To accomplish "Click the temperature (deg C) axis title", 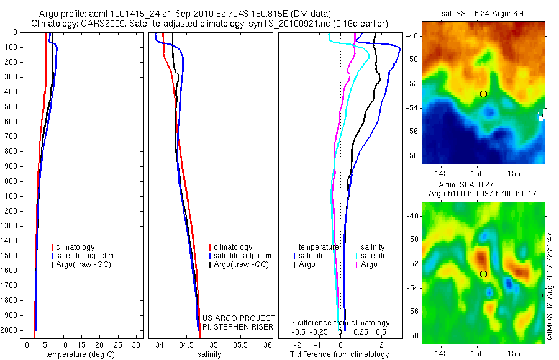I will (x=78, y=355).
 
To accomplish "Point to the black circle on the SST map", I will (x=483, y=94).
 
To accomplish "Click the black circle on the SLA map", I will (x=483, y=274).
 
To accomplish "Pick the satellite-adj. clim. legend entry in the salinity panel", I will (x=243, y=256).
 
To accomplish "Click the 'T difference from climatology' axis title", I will (x=340, y=355).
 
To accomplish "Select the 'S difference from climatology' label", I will (x=340, y=323).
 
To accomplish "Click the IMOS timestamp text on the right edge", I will (x=550, y=286).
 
